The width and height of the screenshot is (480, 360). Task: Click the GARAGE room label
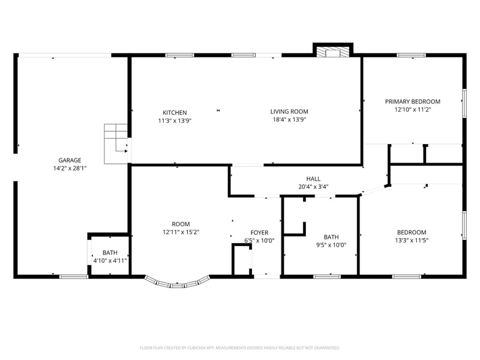click(70, 160)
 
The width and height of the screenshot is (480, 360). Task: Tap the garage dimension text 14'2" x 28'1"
click(70, 169)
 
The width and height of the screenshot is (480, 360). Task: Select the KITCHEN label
click(175, 113)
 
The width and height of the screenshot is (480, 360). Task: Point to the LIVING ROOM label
click(289, 112)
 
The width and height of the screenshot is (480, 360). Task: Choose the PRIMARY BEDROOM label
click(412, 102)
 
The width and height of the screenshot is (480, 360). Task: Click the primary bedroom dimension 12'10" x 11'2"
click(412, 110)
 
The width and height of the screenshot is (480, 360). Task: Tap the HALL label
click(313, 179)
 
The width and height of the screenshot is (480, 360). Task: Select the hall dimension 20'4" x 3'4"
click(313, 187)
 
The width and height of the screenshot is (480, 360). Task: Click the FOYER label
click(259, 233)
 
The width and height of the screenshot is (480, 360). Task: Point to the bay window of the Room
click(177, 283)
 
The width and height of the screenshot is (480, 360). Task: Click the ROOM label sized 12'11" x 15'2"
click(181, 224)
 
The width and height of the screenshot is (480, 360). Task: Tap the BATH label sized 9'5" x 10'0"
click(331, 237)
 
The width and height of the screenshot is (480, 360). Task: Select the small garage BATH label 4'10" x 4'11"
click(110, 253)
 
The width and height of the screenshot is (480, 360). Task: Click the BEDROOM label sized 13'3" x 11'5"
click(412, 233)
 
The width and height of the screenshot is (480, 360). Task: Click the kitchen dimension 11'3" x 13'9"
click(175, 121)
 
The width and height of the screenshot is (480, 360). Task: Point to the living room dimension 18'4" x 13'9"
click(289, 119)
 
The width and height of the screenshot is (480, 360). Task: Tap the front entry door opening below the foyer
click(266, 276)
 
